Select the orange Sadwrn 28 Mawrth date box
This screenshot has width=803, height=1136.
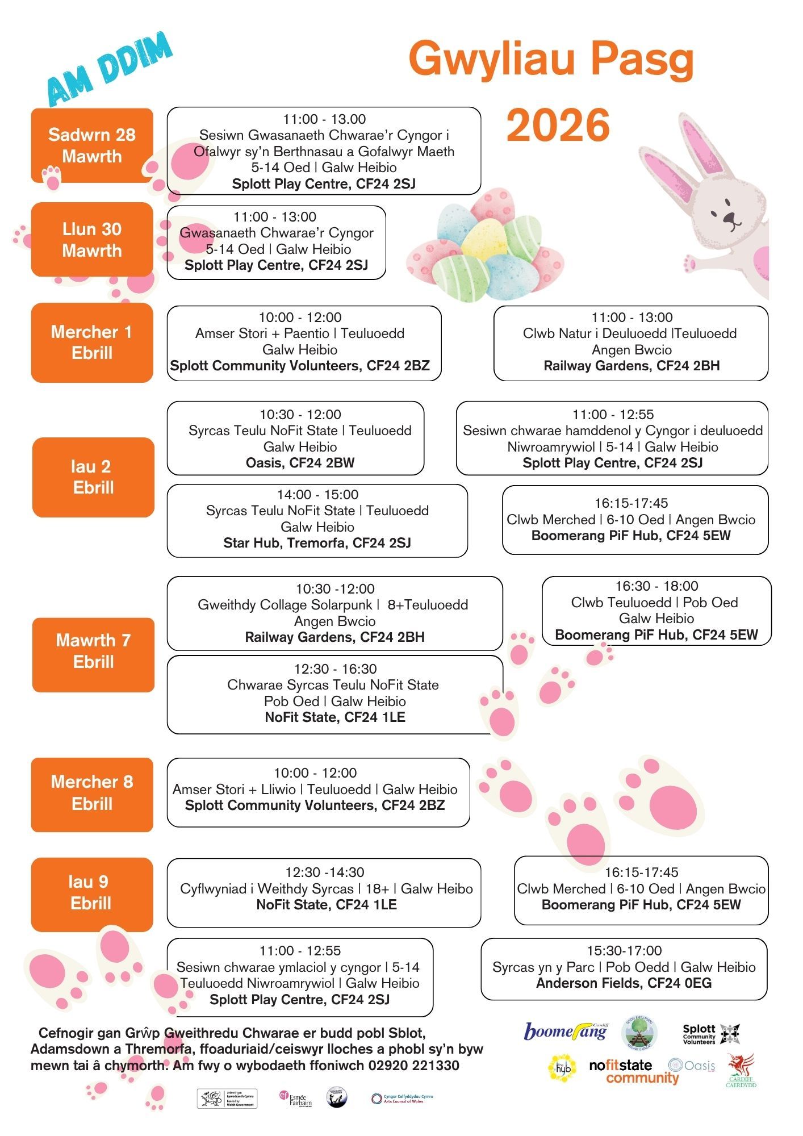(x=92, y=145)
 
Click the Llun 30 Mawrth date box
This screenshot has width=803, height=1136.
(x=92, y=240)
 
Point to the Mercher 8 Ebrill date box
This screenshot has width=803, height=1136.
(x=92, y=793)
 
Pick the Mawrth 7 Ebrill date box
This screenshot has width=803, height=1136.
(x=93, y=651)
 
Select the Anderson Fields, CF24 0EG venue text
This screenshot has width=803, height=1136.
(x=624, y=983)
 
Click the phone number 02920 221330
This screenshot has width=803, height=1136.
(x=413, y=1066)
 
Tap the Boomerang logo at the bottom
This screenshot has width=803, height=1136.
(x=565, y=1031)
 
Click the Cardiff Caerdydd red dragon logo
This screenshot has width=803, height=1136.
(x=741, y=1070)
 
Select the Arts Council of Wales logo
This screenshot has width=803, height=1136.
(x=402, y=1099)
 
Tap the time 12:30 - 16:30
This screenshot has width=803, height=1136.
(x=335, y=669)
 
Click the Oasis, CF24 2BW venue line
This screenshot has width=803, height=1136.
(x=300, y=463)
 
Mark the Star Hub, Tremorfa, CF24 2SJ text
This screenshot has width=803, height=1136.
(x=317, y=543)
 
